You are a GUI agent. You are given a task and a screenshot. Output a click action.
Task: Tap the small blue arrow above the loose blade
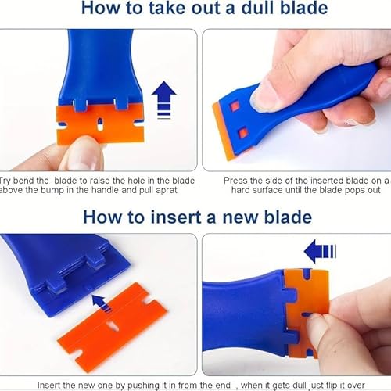click(98, 300)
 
